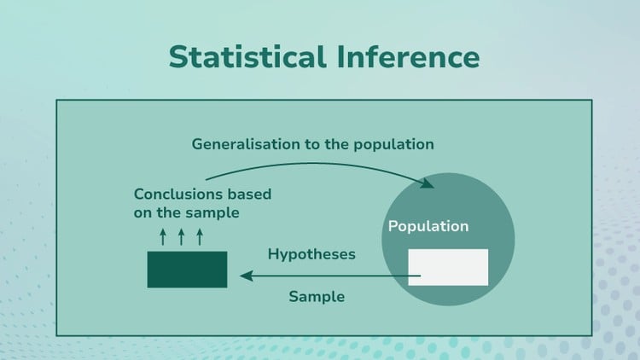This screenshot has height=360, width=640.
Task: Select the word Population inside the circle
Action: [x=428, y=227]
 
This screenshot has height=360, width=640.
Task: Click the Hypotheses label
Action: [x=311, y=254]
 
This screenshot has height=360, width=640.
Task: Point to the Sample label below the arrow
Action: [x=317, y=297]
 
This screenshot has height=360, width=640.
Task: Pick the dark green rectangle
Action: [x=187, y=269]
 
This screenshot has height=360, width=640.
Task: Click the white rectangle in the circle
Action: [x=448, y=267]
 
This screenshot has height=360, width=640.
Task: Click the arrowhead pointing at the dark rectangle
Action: [x=247, y=276]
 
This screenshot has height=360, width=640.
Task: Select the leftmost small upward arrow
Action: [x=163, y=235]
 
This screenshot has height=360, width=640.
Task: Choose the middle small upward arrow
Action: [x=181, y=235]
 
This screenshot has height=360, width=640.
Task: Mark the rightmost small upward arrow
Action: [x=200, y=235]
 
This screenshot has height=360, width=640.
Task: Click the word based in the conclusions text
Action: [x=248, y=194]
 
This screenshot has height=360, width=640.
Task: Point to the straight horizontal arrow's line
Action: [x=333, y=276]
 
